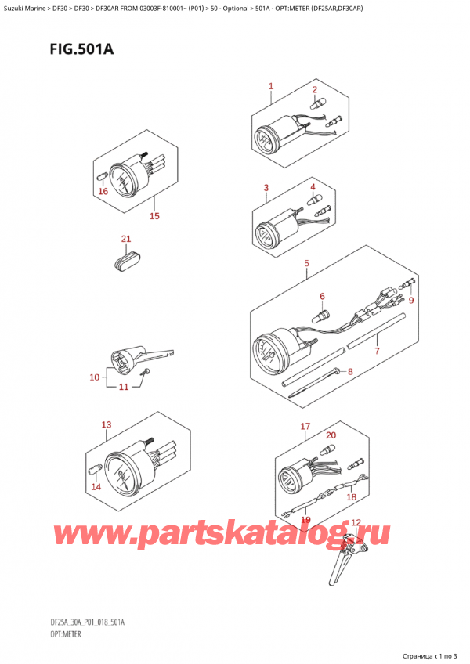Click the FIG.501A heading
pyautogui.click(x=81, y=49)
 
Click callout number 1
pyautogui.click(x=271, y=86)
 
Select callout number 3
pyautogui.click(x=266, y=188)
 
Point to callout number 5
pyautogui.click(x=306, y=263)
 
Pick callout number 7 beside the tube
pyautogui.click(x=377, y=351)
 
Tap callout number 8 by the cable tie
pyautogui.click(x=350, y=372)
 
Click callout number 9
pyautogui.click(x=410, y=300)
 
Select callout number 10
pyautogui.click(x=95, y=377)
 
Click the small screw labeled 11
pyautogui.click(x=146, y=372)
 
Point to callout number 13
pyautogui.click(x=107, y=424)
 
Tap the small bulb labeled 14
pyautogui.click(x=92, y=469)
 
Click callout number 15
pyautogui.click(x=154, y=216)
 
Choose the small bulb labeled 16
pyautogui.click(x=102, y=175)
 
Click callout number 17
pyautogui.click(x=305, y=427)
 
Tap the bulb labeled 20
pyautogui.click(x=328, y=449)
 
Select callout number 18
pyautogui.click(x=352, y=496)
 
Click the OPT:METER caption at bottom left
pyautogui.click(x=65, y=634)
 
